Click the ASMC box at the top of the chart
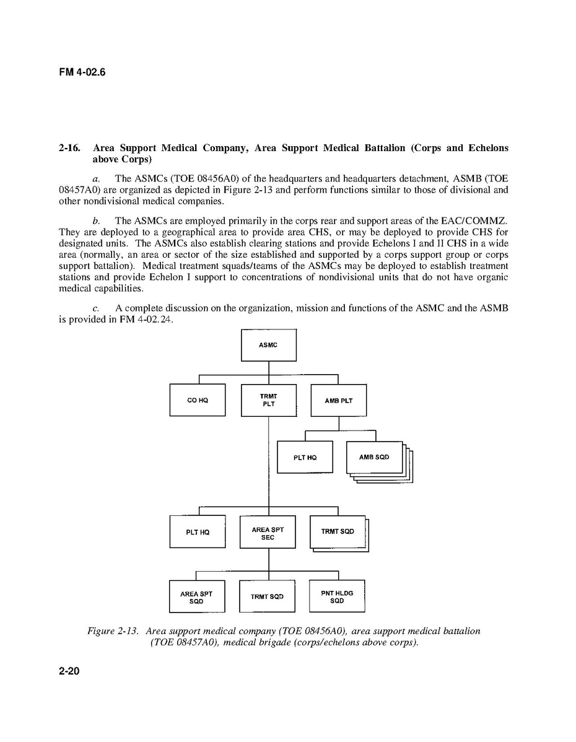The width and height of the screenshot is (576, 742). pos(268,345)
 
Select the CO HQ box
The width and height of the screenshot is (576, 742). pos(197,400)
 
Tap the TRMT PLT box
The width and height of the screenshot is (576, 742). pos(268,400)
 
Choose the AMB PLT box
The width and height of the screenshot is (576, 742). pos(338,400)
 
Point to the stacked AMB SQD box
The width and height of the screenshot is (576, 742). pos(375,458)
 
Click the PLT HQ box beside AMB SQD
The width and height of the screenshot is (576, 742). pos(305,458)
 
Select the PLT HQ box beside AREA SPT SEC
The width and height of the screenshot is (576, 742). pos(197,532)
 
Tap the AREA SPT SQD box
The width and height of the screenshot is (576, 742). pos(196,597)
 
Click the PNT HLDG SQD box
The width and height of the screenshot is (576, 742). pos(337,596)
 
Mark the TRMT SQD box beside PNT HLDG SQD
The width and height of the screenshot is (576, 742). pos(267,597)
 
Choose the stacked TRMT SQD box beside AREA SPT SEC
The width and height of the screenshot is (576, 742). pos(338,531)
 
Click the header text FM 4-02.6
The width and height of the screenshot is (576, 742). pos(82,72)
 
